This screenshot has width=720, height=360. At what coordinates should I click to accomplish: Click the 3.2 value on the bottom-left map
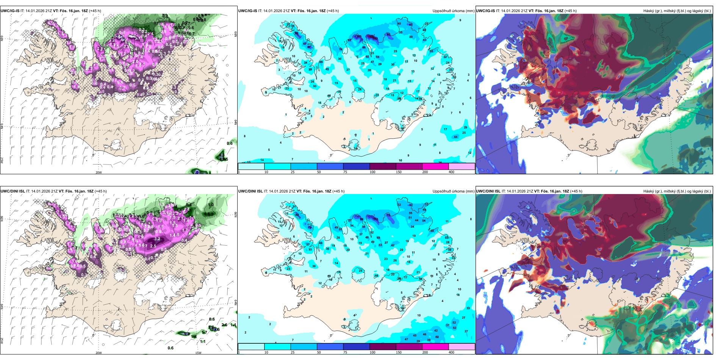pyautogui.click(x=158, y=239)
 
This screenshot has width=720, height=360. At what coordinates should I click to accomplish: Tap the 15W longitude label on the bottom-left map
pyautogui.click(x=198, y=353)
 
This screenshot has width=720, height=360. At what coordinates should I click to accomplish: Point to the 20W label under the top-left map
pyautogui.click(x=99, y=172)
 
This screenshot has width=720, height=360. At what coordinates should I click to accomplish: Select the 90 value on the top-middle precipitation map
pyautogui.click(x=296, y=33)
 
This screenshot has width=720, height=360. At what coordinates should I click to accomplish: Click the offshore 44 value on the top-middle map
pyautogui.click(x=455, y=137)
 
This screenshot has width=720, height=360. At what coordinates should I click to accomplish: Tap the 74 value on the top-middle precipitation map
pyautogui.click(x=341, y=50)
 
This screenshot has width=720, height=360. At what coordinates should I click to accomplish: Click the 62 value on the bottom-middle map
pyautogui.click(x=437, y=337)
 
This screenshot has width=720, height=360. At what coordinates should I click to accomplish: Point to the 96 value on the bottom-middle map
pyautogui.click(x=362, y=219)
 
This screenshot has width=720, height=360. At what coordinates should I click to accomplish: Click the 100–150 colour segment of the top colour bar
pyautogui.click(x=382, y=166)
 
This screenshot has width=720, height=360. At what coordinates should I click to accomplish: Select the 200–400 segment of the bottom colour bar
pyautogui.click(x=462, y=347)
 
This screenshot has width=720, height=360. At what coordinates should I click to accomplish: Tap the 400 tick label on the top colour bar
pyautogui.click(x=451, y=172)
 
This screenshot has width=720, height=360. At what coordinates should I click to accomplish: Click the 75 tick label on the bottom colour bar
pyautogui.click(x=345, y=352)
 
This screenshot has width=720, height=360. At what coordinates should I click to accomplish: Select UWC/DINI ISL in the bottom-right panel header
pyautogui.click(x=488, y=191)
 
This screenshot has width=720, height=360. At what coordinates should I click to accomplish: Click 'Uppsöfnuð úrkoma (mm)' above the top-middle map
pyautogui.click(x=453, y=11)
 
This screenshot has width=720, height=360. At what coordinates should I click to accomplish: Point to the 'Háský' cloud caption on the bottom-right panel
pyautogui.click(x=649, y=191)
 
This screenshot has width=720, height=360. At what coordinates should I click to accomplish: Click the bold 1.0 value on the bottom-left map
pyautogui.click(x=211, y=205)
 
